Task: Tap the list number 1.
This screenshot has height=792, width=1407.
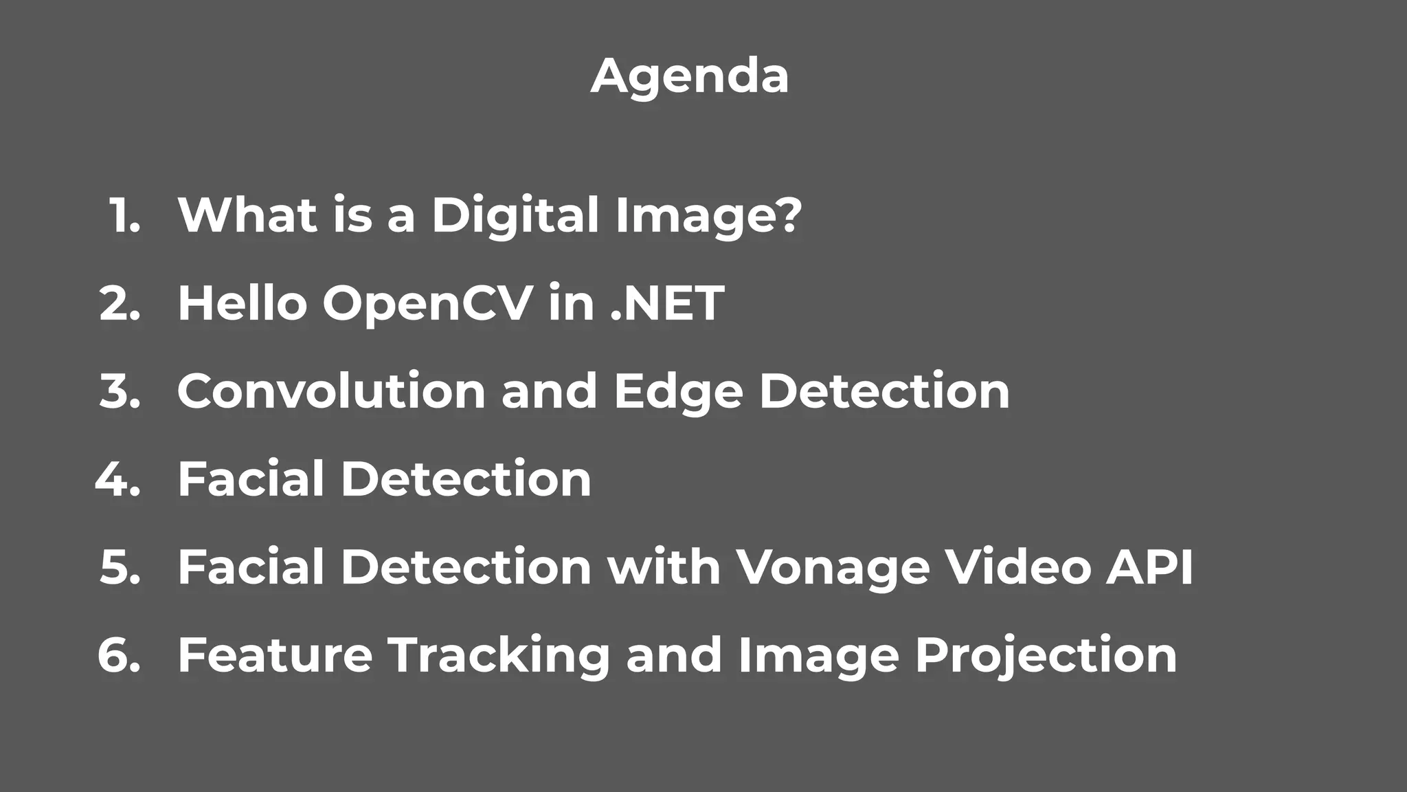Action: point(124,215)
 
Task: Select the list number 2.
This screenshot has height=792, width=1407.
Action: point(120,303)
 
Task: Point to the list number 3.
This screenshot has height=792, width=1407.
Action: point(120,391)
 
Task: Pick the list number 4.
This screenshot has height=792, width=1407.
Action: point(117,479)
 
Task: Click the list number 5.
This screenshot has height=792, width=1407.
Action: point(120,567)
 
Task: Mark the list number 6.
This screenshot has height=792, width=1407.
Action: point(119,655)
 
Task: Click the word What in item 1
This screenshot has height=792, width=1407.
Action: point(247,215)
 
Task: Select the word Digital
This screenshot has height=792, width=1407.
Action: point(515,215)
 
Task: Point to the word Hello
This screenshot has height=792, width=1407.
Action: point(243,303)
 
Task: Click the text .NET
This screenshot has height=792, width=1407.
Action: point(667,303)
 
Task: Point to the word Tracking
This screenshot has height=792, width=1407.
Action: point(499,656)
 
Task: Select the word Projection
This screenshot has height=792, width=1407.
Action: point(1046,656)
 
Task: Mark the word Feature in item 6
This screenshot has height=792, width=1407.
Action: point(275,655)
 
